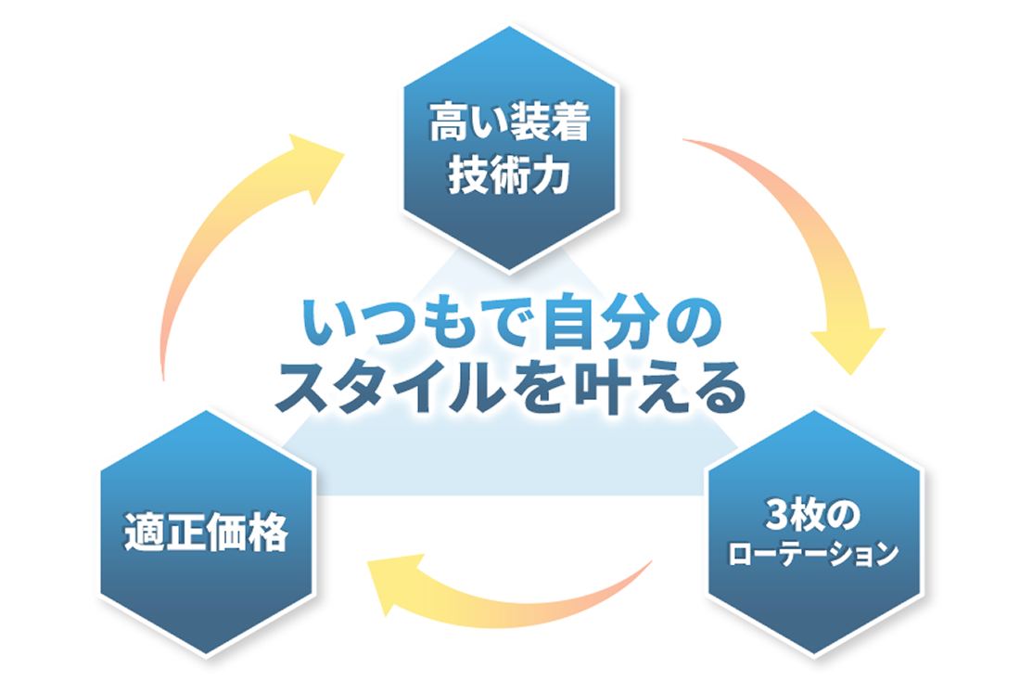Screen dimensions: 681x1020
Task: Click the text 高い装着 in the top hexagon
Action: pos(508,125)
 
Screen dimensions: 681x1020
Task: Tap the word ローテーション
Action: pos(814,555)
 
